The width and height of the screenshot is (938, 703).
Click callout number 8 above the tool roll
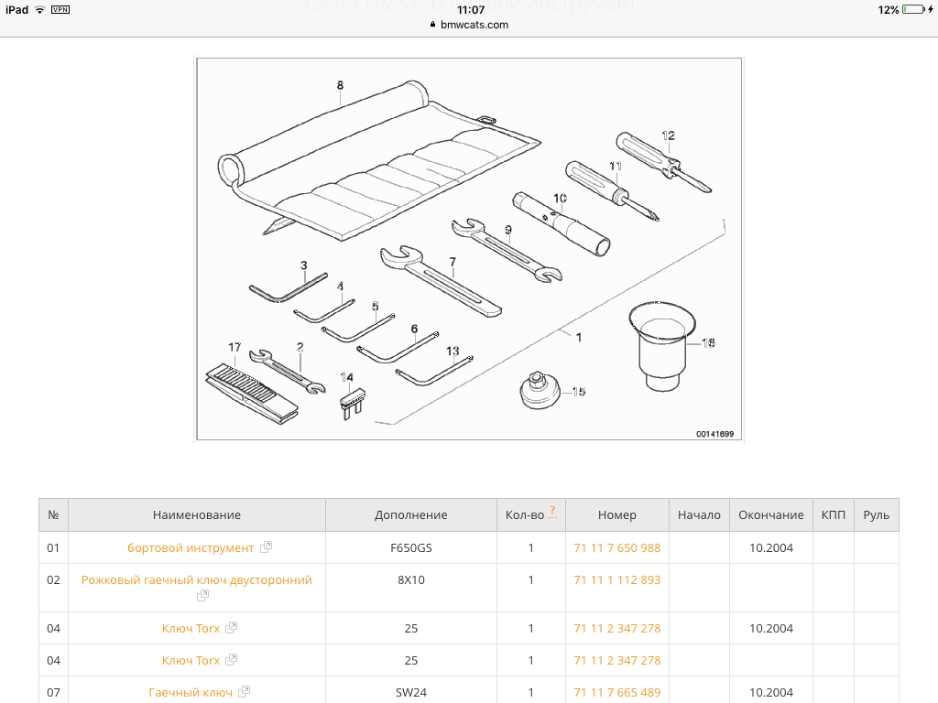(340, 85)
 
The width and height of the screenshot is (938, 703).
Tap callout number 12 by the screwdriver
(669, 136)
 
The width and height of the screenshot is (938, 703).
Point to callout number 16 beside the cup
(708, 342)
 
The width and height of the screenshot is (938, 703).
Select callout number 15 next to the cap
(579, 392)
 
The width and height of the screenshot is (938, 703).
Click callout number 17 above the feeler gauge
(234, 347)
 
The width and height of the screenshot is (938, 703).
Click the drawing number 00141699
(714, 434)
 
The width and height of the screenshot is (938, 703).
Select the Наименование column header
(197, 515)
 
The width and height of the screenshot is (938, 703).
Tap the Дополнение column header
(410, 515)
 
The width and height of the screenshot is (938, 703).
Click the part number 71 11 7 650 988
(616, 547)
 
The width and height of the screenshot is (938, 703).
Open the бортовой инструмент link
(191, 547)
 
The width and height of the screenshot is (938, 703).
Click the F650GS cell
(410, 547)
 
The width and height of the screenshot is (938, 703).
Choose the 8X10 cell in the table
(410, 579)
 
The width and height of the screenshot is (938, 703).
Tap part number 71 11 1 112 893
(616, 579)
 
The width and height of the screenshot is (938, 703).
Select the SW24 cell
(410, 692)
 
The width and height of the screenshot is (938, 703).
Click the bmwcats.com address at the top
(474, 25)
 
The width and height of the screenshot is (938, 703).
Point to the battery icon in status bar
(913, 9)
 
